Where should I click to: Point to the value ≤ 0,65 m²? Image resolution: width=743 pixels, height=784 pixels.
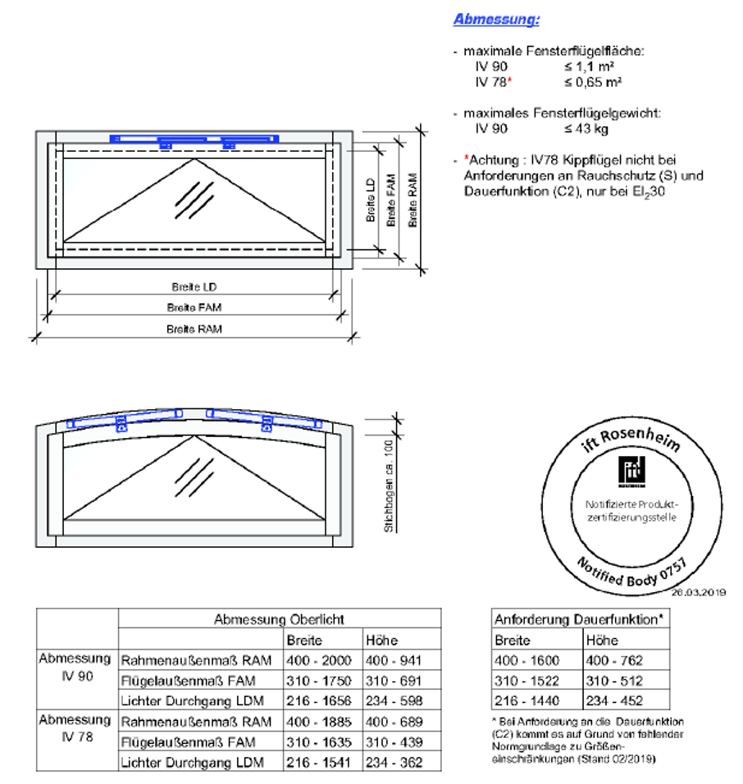(x=592, y=82)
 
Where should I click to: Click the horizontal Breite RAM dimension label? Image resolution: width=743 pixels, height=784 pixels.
(x=194, y=330)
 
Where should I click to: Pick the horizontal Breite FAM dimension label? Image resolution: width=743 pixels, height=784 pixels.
(x=194, y=308)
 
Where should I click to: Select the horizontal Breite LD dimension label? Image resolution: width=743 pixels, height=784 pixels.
(x=194, y=288)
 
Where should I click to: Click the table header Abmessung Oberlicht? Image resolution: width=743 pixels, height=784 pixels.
(x=279, y=620)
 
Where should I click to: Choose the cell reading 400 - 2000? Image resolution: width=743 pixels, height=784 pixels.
(x=318, y=660)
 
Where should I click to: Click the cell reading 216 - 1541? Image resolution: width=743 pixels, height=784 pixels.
(x=318, y=763)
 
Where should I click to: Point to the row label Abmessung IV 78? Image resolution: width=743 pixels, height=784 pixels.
(x=75, y=728)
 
